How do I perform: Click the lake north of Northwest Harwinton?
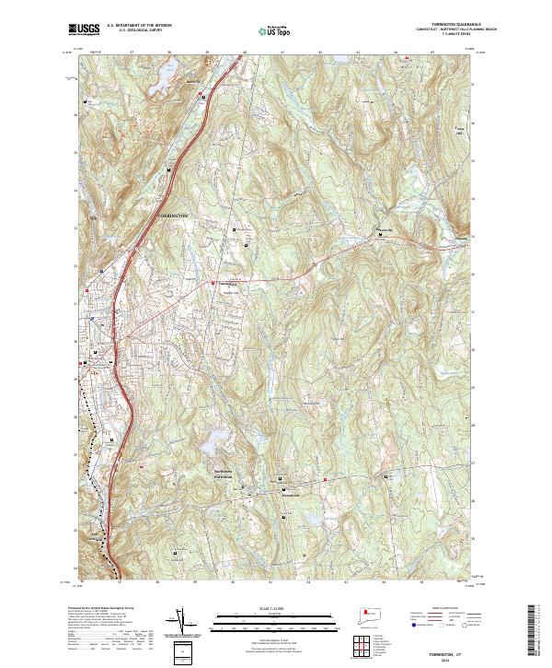coord(216,437)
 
